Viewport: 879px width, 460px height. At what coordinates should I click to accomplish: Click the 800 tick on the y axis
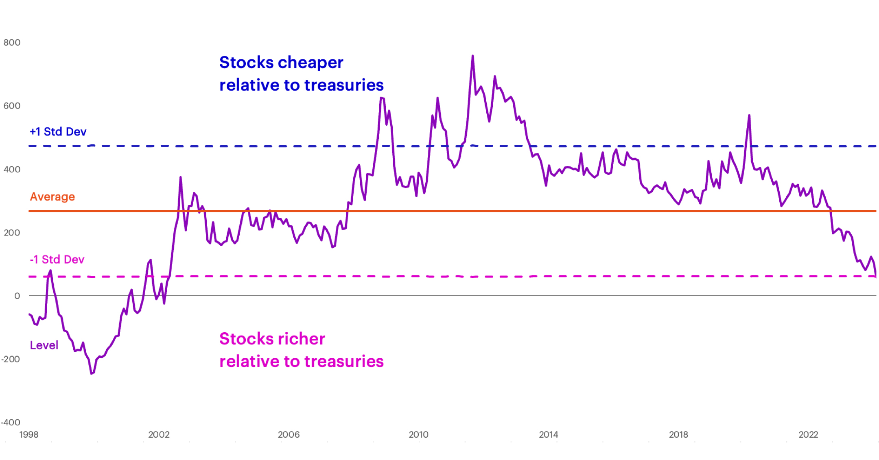[12, 43]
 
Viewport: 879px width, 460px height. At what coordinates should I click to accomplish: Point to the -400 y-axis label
[11, 423]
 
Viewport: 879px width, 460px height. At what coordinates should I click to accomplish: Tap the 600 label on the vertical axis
[12, 106]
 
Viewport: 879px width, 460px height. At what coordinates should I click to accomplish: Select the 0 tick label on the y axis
[17, 296]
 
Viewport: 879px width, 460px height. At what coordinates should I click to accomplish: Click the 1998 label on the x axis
[29, 435]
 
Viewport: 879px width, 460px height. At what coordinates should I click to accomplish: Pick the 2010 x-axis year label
[418, 435]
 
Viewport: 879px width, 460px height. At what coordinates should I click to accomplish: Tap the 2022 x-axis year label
[808, 435]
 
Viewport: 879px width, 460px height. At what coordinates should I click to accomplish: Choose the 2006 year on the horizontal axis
[289, 435]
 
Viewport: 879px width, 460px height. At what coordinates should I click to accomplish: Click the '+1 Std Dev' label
[58, 132]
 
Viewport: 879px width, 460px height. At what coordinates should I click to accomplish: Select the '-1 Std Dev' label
[57, 259]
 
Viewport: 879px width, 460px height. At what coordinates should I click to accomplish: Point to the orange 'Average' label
[52, 197]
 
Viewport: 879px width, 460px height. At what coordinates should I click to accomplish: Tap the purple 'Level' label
[44, 345]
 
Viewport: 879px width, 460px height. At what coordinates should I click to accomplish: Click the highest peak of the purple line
[472, 56]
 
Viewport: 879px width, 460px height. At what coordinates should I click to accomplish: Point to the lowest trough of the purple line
[92, 373]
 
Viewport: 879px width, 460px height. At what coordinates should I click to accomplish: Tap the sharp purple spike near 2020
[749, 116]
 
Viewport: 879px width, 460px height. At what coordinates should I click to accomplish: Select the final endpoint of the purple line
[876, 277]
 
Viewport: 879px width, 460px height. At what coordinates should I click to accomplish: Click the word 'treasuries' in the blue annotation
[344, 85]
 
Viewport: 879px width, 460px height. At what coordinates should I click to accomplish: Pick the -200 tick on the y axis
[11, 360]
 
